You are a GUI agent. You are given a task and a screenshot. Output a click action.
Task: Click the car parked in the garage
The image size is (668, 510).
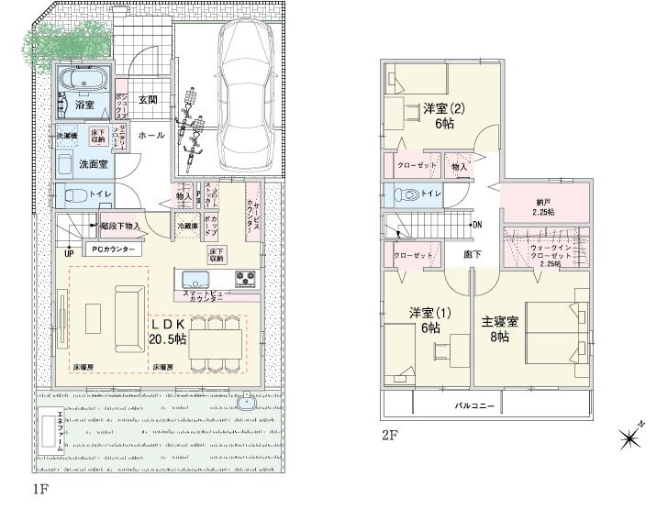coord(243,92)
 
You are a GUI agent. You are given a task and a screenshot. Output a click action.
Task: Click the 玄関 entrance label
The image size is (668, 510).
coord(148,100)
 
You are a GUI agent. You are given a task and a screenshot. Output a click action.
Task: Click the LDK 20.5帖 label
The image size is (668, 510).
coord(169,332)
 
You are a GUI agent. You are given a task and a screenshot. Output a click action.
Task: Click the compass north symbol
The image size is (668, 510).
coord(630,439)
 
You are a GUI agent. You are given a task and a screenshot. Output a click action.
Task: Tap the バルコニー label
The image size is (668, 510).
coord(475,405)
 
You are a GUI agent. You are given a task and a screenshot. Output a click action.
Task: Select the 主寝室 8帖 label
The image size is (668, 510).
coord(500,328)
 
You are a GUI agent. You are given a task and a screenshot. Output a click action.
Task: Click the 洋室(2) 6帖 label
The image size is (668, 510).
coord(444,116)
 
